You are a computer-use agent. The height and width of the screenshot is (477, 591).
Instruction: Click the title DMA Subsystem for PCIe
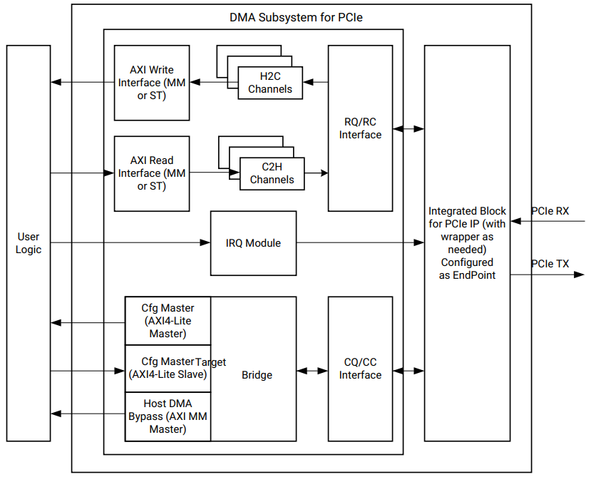point(296,17)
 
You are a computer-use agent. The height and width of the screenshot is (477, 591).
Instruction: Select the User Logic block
point(29,242)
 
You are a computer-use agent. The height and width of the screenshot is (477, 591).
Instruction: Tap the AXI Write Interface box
point(152,83)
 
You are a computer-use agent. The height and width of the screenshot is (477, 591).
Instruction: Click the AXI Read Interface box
point(152,173)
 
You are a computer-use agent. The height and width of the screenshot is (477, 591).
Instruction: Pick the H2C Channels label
point(270,83)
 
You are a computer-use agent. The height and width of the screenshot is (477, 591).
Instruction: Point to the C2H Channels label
point(272,173)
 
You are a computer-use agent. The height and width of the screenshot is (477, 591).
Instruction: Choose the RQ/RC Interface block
point(360,128)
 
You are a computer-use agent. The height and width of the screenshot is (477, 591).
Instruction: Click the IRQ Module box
point(253,243)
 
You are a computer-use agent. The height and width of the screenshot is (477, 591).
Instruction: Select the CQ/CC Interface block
point(360,369)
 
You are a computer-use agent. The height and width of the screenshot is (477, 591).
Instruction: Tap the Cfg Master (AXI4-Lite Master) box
point(168,321)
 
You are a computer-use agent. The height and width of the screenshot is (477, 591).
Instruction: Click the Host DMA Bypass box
point(168,416)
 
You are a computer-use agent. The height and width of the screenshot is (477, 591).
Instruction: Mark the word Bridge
point(257,375)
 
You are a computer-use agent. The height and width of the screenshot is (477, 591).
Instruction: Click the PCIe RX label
point(550,211)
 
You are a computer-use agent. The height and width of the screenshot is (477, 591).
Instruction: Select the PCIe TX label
point(550,264)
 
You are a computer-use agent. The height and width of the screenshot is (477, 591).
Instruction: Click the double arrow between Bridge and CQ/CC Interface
point(312,371)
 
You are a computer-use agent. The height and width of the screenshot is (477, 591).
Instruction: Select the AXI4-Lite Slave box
point(168,369)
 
